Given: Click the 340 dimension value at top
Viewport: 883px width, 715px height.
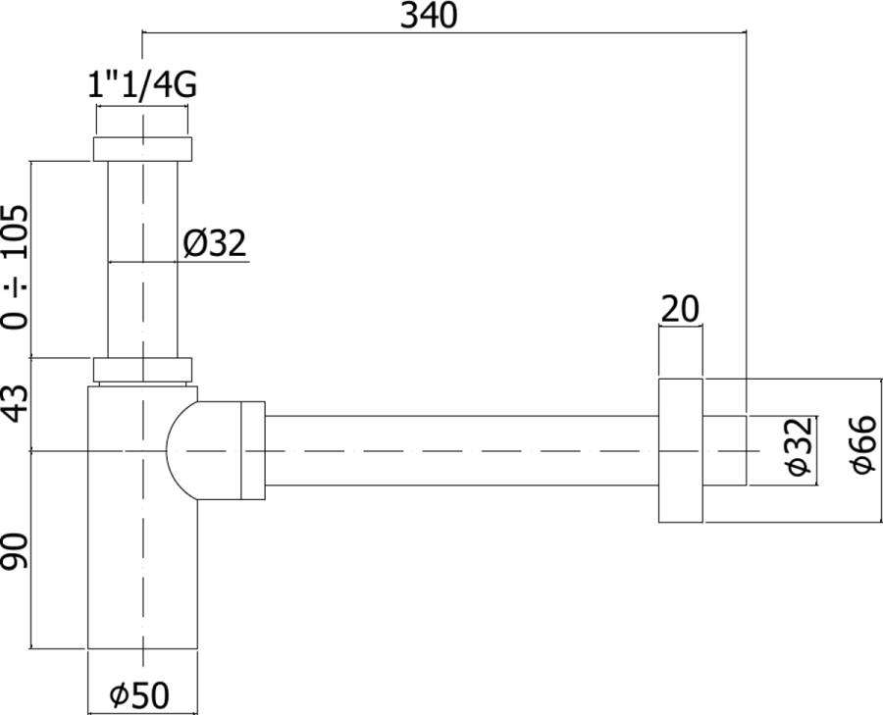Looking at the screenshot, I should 430,16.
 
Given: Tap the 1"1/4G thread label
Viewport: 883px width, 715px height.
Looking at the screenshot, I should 142,86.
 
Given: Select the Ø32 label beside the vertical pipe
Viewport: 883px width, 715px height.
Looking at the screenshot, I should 213,243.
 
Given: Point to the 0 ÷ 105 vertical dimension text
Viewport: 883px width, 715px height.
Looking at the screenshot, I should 16,267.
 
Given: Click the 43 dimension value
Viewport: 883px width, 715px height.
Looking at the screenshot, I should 16,402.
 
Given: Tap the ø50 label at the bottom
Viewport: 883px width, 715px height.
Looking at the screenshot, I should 139,695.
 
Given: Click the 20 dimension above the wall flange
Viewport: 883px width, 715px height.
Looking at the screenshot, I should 679,309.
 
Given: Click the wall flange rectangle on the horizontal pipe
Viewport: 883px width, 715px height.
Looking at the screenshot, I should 680,450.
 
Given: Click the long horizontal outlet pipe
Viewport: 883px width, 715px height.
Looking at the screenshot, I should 461,450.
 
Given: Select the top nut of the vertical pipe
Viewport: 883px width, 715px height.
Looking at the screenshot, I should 142,149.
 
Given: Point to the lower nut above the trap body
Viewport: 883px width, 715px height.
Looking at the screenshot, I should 142,370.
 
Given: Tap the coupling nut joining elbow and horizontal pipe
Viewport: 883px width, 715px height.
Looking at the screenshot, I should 252,450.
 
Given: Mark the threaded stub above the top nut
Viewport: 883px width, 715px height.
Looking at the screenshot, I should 142,122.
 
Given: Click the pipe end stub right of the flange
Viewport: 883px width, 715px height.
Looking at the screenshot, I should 725,450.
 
